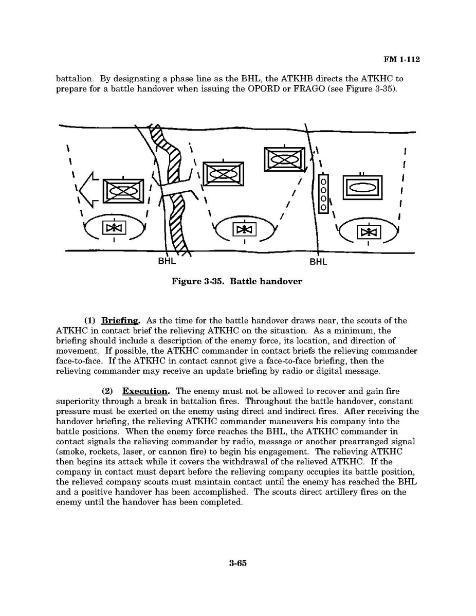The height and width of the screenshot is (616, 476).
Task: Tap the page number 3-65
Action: pos(238,563)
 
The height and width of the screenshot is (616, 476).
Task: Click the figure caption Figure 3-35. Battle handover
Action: pos(237,282)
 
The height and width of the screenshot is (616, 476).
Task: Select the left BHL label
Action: pos(167,261)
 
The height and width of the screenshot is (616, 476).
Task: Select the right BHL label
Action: pos(318,262)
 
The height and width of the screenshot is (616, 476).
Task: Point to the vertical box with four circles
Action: pos(323,193)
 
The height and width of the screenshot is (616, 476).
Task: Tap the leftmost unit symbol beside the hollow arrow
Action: pos(124,191)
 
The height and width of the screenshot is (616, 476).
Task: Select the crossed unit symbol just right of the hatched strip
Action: pos(224,174)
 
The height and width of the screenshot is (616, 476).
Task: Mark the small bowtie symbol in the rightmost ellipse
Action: pos(369,232)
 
